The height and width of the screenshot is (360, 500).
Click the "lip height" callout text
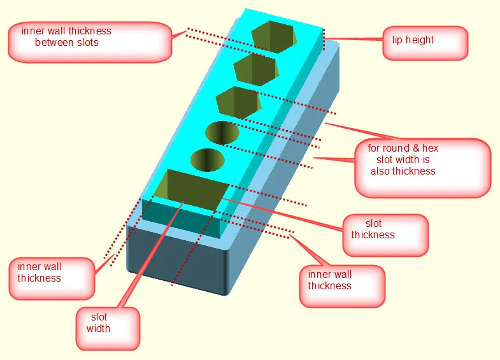coord(412,40)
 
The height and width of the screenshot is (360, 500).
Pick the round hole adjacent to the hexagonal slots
coord(222,133)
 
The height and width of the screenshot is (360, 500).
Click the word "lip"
coord(397,40)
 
